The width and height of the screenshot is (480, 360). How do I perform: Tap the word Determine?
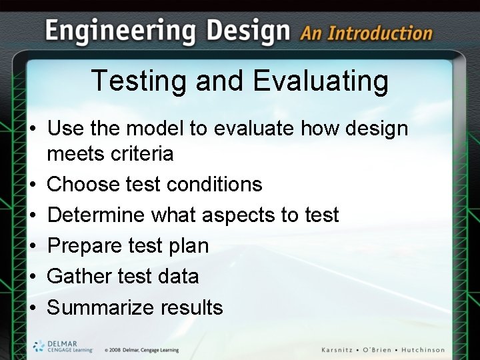[x=96, y=215]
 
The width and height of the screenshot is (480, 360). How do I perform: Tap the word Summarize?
[x=101, y=307]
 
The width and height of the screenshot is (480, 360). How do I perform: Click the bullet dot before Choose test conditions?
[x=33, y=185]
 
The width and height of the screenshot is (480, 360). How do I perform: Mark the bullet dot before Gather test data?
[x=33, y=277]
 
